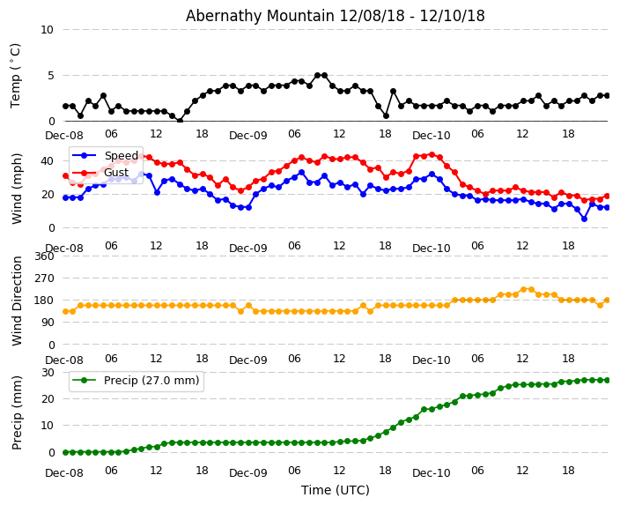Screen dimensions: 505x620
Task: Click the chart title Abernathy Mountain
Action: click(x=335, y=16)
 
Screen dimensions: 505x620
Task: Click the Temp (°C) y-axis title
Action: click(x=16, y=75)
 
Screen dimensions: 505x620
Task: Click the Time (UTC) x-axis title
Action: click(x=335, y=490)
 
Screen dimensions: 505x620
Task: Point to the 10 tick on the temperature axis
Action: click(x=47, y=30)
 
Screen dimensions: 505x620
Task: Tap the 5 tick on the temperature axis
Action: click(x=50, y=76)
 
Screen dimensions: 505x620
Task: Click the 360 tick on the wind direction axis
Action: click(x=43, y=256)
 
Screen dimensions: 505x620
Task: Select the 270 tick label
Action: click(x=43, y=278)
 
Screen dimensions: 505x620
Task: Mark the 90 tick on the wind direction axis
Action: click(x=47, y=323)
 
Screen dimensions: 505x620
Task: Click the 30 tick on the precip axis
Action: click(x=47, y=372)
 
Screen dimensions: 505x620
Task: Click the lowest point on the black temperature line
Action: click(x=180, y=121)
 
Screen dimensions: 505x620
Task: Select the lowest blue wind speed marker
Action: click(x=584, y=219)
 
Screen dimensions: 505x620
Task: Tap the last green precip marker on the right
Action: click(x=607, y=380)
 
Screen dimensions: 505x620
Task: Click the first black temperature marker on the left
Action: click(x=65, y=106)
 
